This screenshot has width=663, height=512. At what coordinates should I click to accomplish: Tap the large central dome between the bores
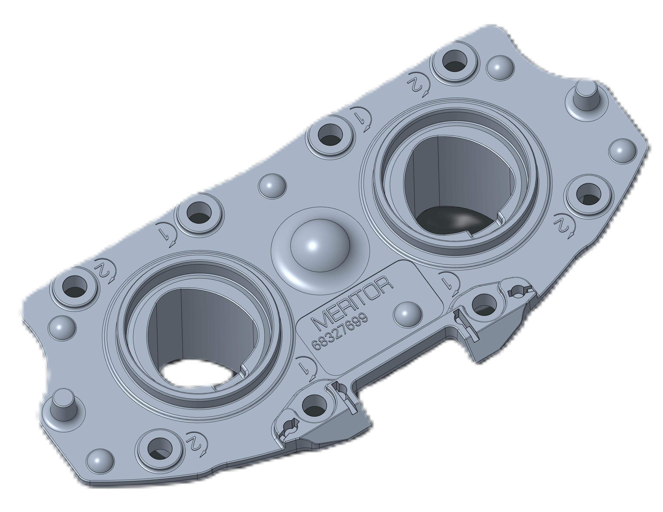click(320, 245)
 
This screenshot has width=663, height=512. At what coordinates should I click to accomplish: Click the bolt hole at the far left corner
click(74, 286)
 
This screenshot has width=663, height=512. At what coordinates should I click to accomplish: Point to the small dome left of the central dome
click(272, 186)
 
